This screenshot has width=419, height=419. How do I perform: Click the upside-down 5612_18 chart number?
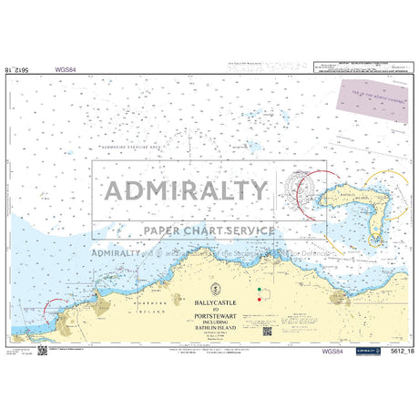[25, 68]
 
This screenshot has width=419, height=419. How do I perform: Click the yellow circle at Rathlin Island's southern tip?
[374, 240]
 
